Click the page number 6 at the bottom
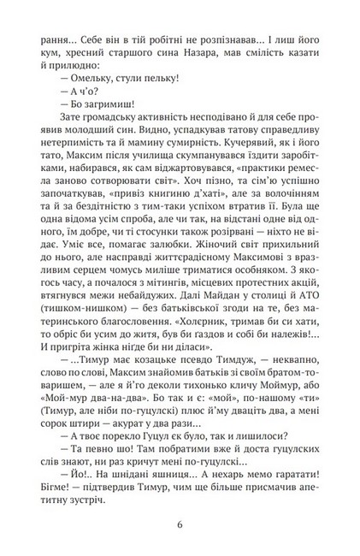click(x=180, y=525)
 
